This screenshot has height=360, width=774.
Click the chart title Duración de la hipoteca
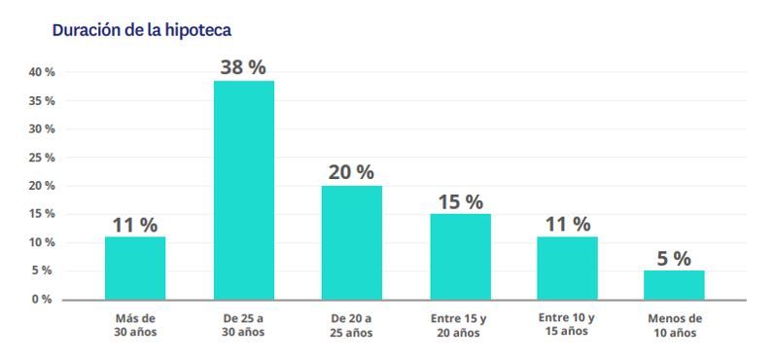point(141,30)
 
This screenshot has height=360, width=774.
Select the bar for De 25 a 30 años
point(243,190)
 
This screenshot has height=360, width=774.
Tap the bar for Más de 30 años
point(135,268)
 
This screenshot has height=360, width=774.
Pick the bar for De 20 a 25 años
point(351,242)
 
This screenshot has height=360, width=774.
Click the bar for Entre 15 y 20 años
point(460,256)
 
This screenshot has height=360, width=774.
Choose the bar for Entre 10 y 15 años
point(567,268)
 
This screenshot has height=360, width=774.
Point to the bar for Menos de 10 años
point(674,284)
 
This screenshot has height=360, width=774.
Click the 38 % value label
point(243,67)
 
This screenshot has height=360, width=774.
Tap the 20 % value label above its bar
point(351,172)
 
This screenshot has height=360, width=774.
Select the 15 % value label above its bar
point(460,201)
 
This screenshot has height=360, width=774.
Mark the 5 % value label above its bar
point(674,258)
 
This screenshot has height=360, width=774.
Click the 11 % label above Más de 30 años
point(135,225)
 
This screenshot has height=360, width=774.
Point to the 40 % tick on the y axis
point(41,73)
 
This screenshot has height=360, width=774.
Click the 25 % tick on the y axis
point(41,158)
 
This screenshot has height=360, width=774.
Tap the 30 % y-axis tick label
point(41,129)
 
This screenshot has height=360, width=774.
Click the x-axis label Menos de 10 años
point(674,325)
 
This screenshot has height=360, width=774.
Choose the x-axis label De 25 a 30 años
point(243,325)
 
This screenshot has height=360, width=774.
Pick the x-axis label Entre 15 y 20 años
point(460,325)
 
